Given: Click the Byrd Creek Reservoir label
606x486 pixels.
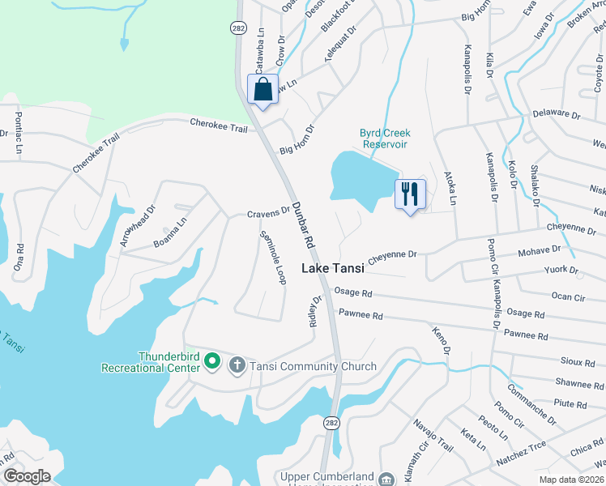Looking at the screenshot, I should point(386,139).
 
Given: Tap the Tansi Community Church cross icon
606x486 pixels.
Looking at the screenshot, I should point(237,366).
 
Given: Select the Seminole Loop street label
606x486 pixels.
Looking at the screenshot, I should point(272,258).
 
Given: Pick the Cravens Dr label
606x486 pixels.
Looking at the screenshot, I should point(268,213).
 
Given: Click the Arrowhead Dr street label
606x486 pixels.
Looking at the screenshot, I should point(135,227).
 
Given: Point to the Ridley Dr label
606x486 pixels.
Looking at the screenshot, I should point(316,311).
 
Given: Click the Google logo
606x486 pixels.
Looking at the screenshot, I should point(27,476).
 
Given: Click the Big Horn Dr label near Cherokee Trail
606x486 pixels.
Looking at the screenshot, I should point(296,139).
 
